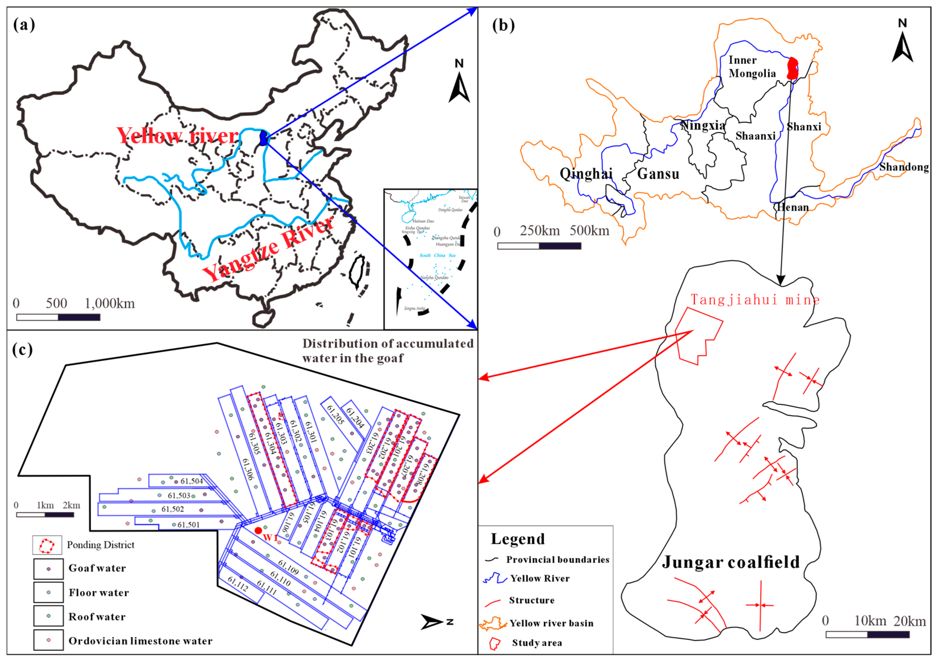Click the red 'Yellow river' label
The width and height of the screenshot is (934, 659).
pyautogui.click(x=177, y=135)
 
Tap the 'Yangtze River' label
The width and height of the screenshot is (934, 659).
pyautogui.click(x=268, y=248)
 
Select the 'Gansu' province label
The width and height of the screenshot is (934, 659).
pyautogui.click(x=658, y=174)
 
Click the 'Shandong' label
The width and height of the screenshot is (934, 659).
pyautogui.click(x=904, y=167)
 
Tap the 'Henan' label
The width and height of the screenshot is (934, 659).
pyautogui.click(x=793, y=207)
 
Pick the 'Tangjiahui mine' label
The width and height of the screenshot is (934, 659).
pyautogui.click(x=755, y=300)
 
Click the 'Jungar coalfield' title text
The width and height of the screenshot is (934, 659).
pyautogui.click(x=731, y=562)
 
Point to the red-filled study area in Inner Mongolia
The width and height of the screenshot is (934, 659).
pyautogui.click(x=792, y=68)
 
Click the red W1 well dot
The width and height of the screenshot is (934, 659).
pyautogui.click(x=258, y=531)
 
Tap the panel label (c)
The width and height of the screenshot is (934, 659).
pyautogui.click(x=22, y=350)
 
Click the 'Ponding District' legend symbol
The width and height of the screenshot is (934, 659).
pyautogui.click(x=47, y=546)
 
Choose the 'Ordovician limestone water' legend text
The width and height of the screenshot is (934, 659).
pyautogui.click(x=140, y=641)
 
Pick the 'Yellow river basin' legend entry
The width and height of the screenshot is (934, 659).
pyautogui.click(x=551, y=623)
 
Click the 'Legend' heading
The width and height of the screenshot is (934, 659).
pyautogui.click(x=517, y=539)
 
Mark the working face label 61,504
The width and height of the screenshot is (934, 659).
pyautogui.click(x=192, y=481)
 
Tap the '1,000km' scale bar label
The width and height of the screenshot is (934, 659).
pyautogui.click(x=110, y=304)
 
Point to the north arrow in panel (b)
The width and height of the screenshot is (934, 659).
pyautogui.click(x=902, y=47)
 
